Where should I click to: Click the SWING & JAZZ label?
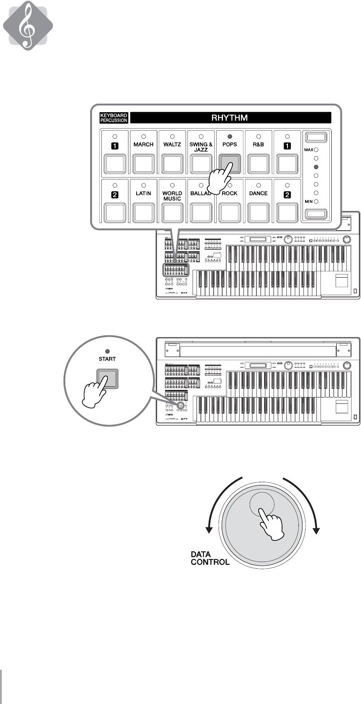[x=201, y=147]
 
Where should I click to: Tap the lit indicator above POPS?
[x=230, y=136]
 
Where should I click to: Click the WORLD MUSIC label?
[x=172, y=196]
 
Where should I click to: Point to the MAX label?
[x=309, y=150]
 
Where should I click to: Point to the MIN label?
[x=310, y=201]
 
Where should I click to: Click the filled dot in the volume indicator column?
[x=316, y=166]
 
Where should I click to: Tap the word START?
[x=109, y=359]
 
